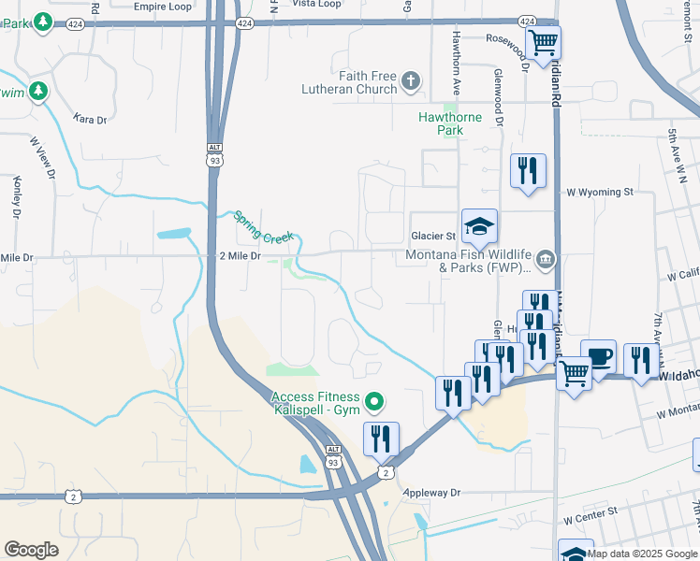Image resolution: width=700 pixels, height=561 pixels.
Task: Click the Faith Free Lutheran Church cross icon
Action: click(410, 82)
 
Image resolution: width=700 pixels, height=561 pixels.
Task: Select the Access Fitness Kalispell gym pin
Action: click(374, 403)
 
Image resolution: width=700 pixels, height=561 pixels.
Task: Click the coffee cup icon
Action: click(598, 356)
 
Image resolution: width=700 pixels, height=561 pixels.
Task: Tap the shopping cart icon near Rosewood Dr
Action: click(543, 42)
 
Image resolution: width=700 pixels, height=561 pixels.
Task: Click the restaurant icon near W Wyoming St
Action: click(528, 171)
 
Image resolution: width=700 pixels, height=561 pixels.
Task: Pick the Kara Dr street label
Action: click(90, 120)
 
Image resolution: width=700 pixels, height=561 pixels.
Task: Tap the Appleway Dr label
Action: click(432, 493)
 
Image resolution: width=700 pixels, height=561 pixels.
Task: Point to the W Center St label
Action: click(591, 512)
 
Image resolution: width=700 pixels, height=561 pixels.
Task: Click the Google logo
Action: click(31, 549)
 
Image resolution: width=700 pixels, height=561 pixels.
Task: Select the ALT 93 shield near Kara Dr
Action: click(215, 153)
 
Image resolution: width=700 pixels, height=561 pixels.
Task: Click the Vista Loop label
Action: click(317, 5)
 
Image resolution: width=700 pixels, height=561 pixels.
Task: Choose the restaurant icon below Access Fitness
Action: click(381, 439)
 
